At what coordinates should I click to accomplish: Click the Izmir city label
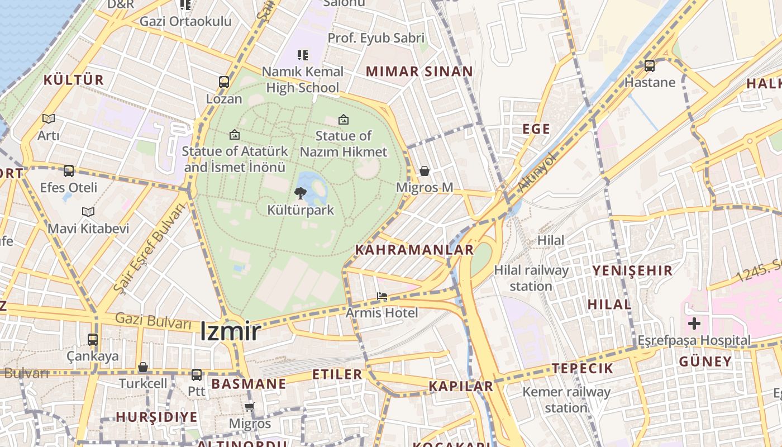[x=230, y=332]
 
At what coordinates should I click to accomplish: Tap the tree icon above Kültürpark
[x=301, y=193]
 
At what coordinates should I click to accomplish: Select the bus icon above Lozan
[x=224, y=82]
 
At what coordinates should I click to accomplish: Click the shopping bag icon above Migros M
[x=425, y=171]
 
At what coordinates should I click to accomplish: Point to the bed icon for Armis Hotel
[x=382, y=296]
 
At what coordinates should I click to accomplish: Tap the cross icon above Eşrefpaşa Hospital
[x=694, y=324]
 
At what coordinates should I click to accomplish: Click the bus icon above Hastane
[x=650, y=66]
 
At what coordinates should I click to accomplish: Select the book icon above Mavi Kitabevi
[x=88, y=212]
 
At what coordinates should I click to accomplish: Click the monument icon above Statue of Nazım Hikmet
[x=344, y=120]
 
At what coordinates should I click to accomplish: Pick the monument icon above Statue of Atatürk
[x=235, y=135]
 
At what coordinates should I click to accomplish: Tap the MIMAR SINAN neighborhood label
[x=419, y=72]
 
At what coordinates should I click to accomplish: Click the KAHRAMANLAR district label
[x=414, y=250]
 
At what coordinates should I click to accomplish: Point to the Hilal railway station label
[x=531, y=278]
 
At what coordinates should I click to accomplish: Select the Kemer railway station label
[x=566, y=400]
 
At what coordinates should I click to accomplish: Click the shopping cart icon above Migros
[x=250, y=407]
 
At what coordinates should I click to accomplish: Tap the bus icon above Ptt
[x=197, y=375]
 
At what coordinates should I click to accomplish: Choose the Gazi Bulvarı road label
[x=153, y=321]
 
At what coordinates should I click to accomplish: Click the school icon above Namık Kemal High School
[x=303, y=55]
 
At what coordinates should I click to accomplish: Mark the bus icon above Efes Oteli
[x=69, y=171]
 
